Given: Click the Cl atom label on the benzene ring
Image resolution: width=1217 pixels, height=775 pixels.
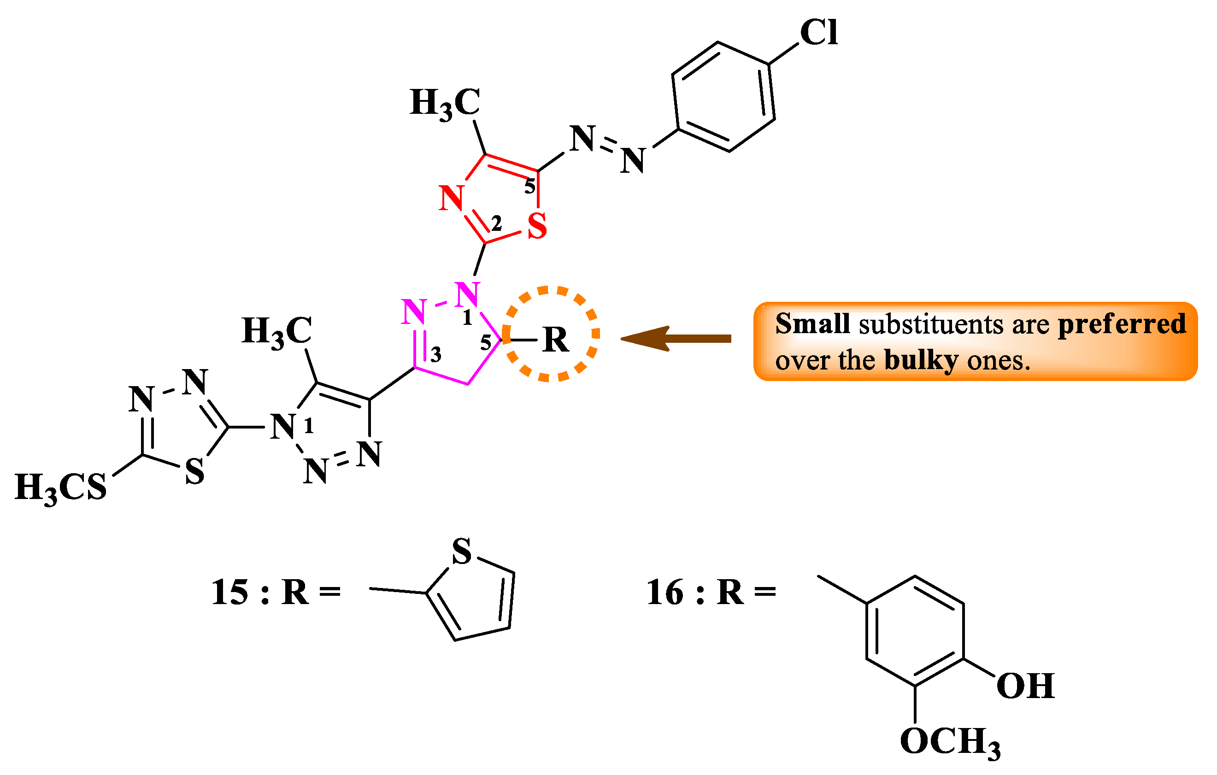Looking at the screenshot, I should [x=818, y=33].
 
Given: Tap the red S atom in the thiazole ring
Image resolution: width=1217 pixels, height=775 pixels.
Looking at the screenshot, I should [x=537, y=226].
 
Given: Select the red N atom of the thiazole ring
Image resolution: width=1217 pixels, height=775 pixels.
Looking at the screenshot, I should [x=451, y=198].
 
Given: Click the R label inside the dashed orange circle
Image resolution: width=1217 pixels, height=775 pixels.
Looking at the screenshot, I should [x=555, y=340].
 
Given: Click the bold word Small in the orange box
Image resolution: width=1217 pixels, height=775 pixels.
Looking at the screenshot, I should [x=812, y=324].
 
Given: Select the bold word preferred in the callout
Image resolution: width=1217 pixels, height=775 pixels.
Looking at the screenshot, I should [x=1122, y=324].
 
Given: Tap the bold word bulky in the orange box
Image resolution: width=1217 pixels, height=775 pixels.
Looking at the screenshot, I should [x=921, y=360].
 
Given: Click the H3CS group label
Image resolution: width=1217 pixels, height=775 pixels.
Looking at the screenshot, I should [x=61, y=488].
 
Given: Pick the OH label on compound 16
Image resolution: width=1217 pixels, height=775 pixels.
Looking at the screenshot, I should [x=1025, y=686].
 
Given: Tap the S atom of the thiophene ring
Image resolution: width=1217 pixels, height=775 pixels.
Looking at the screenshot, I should [x=461, y=551].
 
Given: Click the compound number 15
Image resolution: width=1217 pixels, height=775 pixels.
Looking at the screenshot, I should [x=229, y=593].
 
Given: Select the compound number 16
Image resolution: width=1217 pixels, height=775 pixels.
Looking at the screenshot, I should [x=664, y=593].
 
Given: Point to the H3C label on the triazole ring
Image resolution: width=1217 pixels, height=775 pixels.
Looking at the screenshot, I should [x=276, y=332].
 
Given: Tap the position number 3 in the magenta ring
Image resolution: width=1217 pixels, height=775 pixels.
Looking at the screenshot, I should [x=435, y=355].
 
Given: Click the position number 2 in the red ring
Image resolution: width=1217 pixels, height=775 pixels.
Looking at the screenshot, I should [x=496, y=223].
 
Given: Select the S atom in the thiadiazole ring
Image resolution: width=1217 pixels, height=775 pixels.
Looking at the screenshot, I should [x=194, y=472].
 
